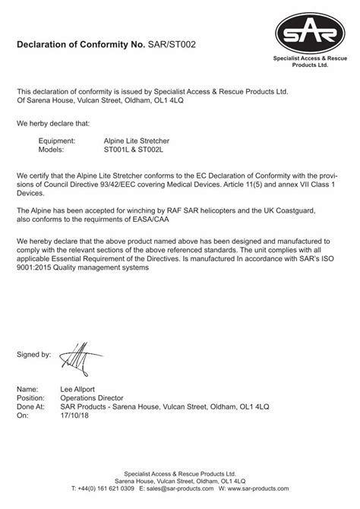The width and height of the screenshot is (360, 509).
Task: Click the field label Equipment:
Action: coord(57,141)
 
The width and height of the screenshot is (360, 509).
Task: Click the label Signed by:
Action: coord(34,354)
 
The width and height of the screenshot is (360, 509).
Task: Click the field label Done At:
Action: coord(32,407)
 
